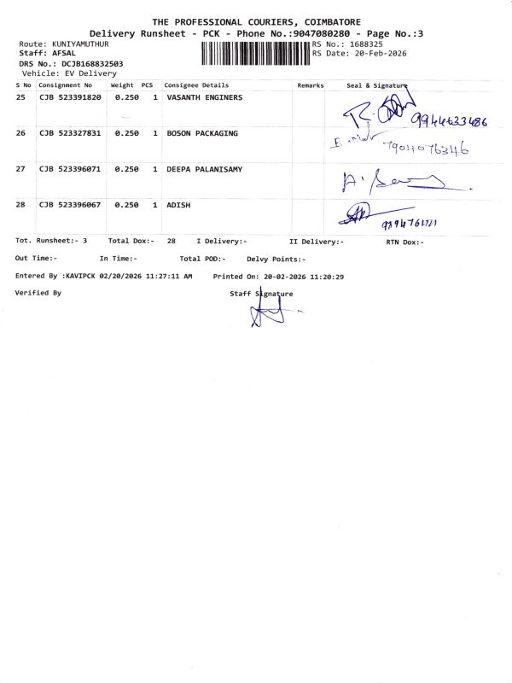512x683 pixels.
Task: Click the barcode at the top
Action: (255, 54)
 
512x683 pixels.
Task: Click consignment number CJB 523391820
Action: (70, 98)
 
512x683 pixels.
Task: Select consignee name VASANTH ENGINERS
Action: (204, 98)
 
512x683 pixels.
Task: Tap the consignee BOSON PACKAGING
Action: (202, 134)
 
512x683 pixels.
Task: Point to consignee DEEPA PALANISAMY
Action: (204, 170)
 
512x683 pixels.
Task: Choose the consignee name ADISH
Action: (178, 206)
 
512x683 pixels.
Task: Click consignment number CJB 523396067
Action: (70, 206)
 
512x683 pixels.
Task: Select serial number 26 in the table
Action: (21, 134)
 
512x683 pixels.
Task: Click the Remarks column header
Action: (311, 85)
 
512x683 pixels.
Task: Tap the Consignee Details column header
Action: (196, 85)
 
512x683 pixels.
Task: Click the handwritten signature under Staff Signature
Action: (266, 313)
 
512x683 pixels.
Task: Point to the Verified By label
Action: (38, 293)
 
